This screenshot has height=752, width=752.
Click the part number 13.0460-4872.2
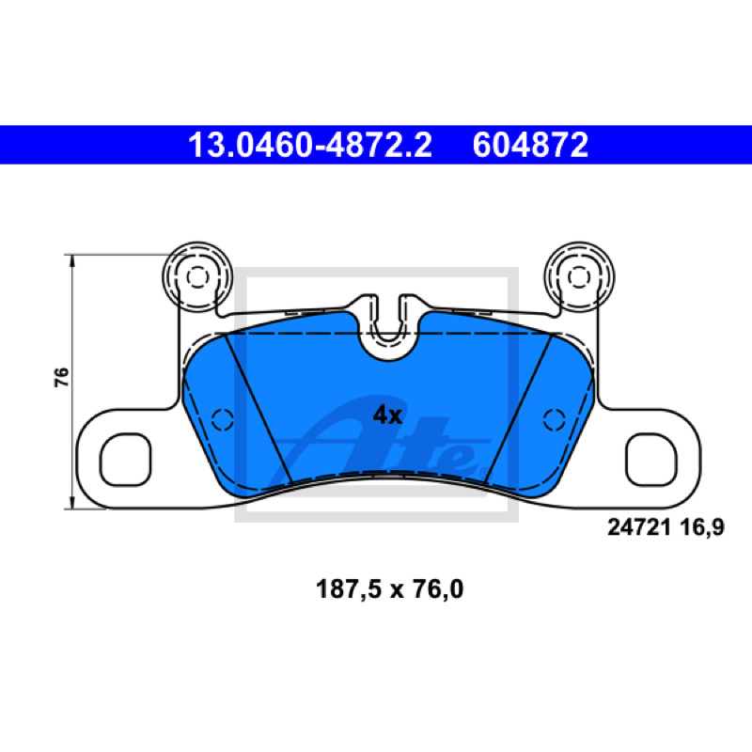coord(310,145)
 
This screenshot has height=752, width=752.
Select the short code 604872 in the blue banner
coord(530,145)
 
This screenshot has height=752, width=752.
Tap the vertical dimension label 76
coord(61,378)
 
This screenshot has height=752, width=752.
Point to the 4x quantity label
coord(387,415)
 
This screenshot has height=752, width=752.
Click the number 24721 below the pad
coord(639,527)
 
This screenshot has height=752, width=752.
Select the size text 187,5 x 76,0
coord(389,589)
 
